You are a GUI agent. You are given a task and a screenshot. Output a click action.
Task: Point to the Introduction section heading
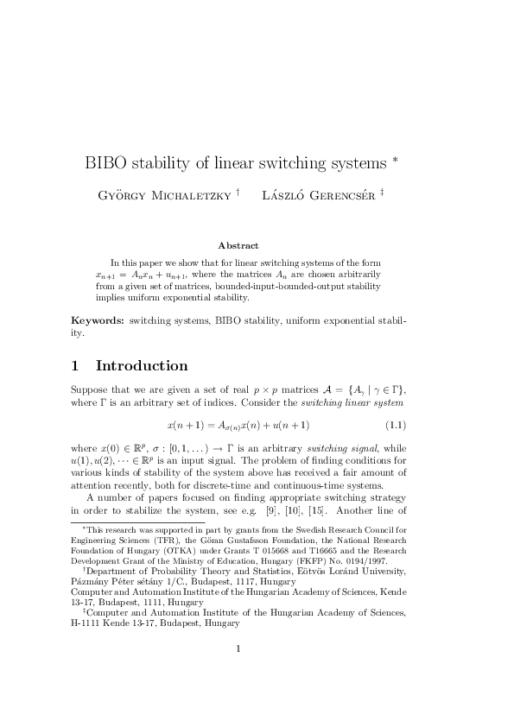tap(142, 365)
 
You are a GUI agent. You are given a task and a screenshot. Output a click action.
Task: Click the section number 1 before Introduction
tap(75, 365)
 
